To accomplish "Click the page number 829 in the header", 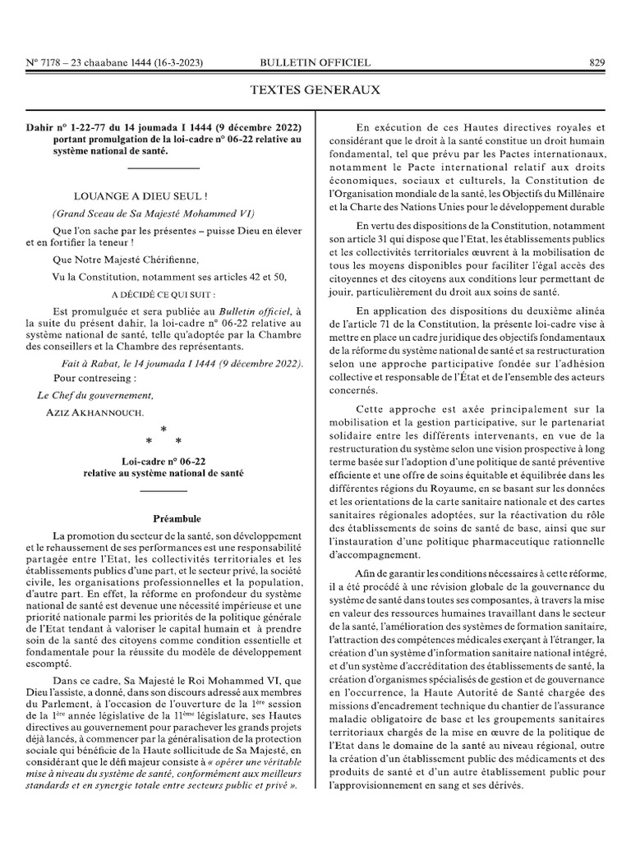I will coord(596,62).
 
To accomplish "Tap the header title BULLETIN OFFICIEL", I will coord(315,62).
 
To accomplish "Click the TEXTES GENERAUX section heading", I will coord(315,89).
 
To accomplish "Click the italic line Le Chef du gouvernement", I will coord(95,395).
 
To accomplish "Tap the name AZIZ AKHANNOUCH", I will coord(95,411).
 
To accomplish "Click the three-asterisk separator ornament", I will coord(164,436).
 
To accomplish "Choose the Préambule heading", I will coord(177,519).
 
